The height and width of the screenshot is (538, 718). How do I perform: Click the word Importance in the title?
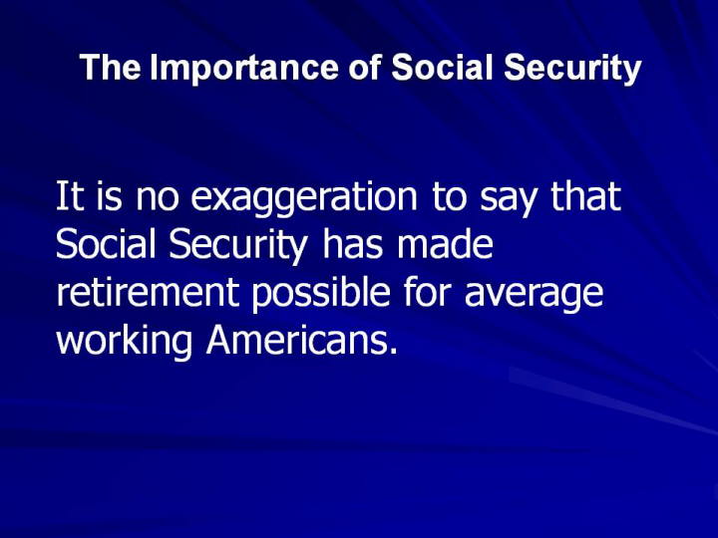(x=245, y=69)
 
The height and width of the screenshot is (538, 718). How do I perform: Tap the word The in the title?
(x=111, y=68)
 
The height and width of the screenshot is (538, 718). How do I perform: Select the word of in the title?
(x=365, y=68)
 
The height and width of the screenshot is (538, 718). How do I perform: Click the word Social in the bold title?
(x=442, y=68)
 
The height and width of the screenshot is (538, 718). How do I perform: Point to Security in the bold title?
(x=572, y=69)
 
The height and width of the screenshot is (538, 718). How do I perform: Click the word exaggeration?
(x=304, y=197)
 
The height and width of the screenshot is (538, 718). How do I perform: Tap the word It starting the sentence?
(x=70, y=195)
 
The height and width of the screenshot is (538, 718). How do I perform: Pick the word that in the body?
(x=586, y=195)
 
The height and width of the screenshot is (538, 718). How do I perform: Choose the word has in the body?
(x=352, y=243)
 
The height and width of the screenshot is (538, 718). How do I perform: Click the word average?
(x=534, y=296)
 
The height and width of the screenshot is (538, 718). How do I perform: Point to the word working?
(x=124, y=342)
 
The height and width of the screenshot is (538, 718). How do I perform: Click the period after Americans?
(x=393, y=352)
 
